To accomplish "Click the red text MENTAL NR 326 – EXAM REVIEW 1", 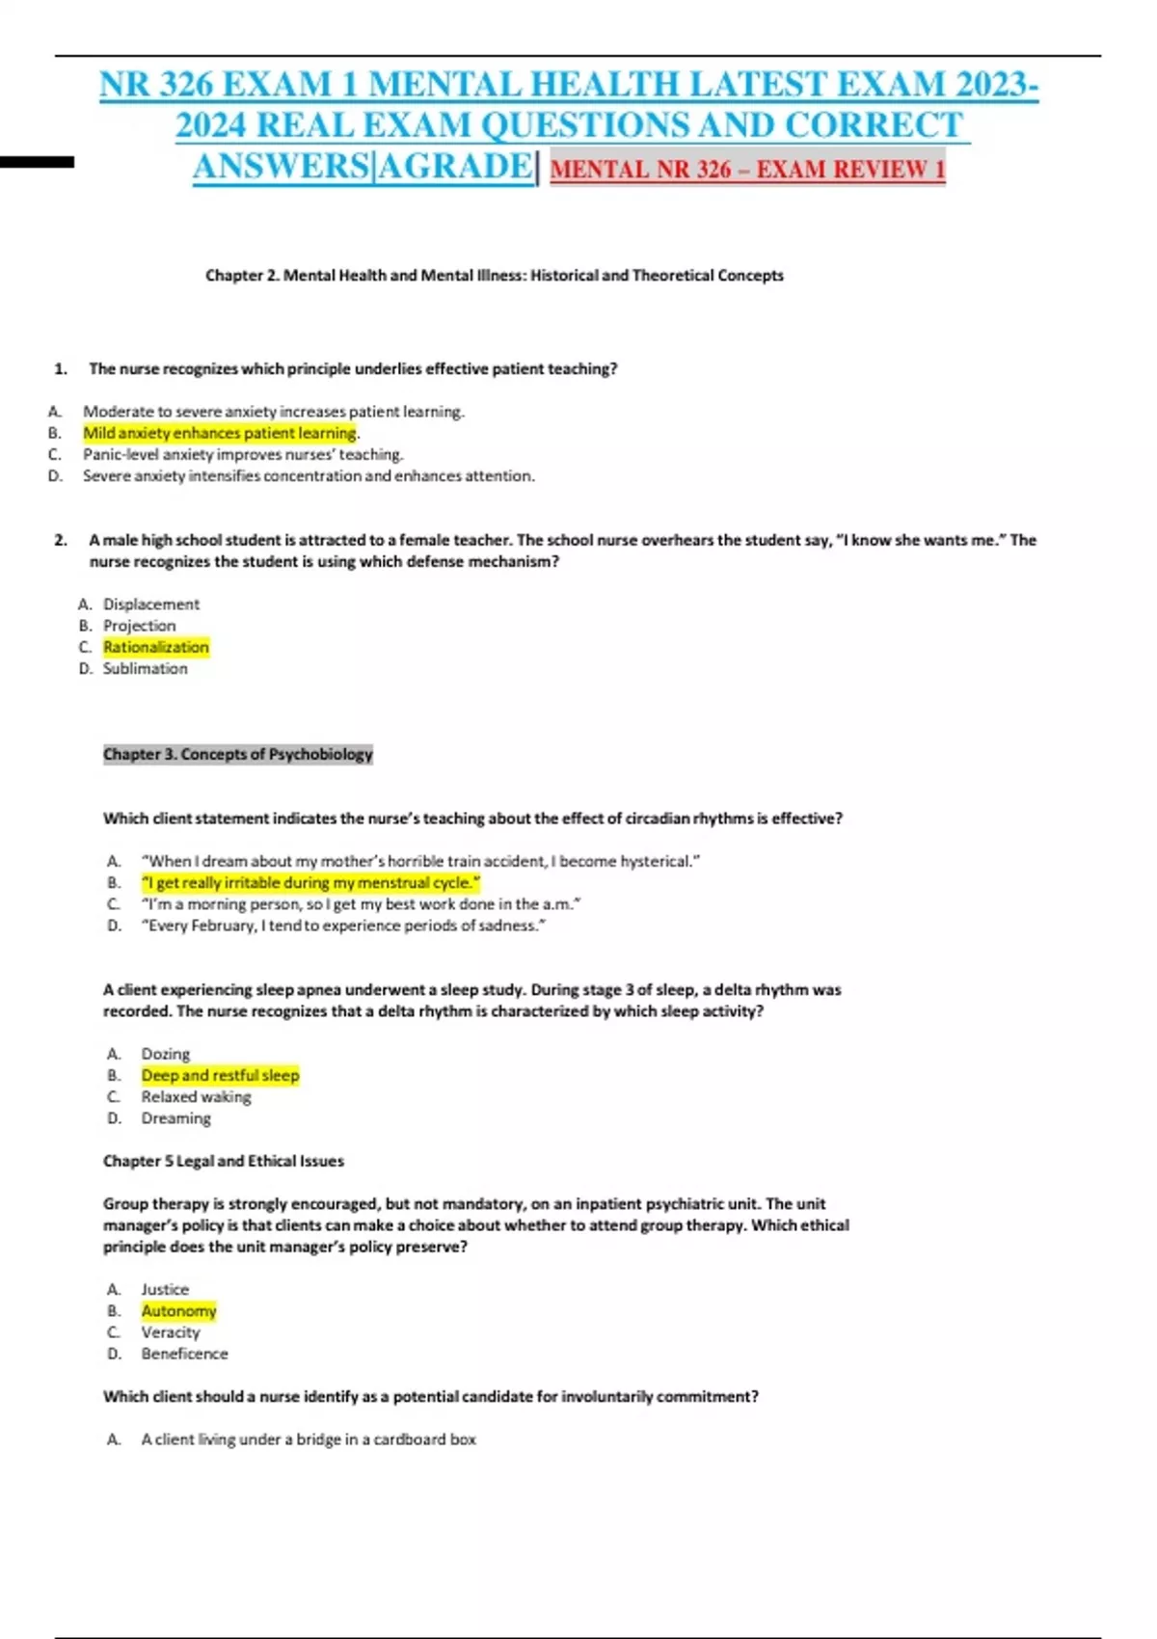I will point(747,170).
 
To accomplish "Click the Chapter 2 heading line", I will point(494,276).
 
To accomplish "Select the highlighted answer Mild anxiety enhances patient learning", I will point(220,433).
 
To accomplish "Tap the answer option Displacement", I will point(151,605).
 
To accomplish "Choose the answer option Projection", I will point(140,626).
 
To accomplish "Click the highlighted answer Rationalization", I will point(156,647).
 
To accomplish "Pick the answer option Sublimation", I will point(146,668).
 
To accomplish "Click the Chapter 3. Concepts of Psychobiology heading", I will point(237,754).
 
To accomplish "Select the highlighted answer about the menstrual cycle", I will point(310,882).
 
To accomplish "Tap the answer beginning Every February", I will point(343,926).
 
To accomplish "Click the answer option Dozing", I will point(166,1054).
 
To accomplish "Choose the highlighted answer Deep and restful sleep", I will point(220,1075).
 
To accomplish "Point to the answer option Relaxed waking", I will point(196,1097).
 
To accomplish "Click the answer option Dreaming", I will point(175,1118).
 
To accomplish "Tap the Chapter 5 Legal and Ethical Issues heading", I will point(223,1161).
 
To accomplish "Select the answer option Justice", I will point(165,1289).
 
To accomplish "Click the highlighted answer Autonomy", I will point(178,1311).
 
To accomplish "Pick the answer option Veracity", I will point(171,1332).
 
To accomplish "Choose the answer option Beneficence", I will point(184,1354).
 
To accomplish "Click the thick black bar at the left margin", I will point(37,162).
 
